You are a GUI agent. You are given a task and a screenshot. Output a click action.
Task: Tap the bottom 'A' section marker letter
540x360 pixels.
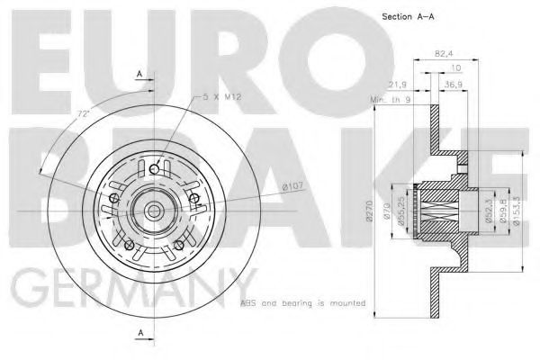(139, 334)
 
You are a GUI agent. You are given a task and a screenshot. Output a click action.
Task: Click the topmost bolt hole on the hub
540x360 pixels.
(155, 169)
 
